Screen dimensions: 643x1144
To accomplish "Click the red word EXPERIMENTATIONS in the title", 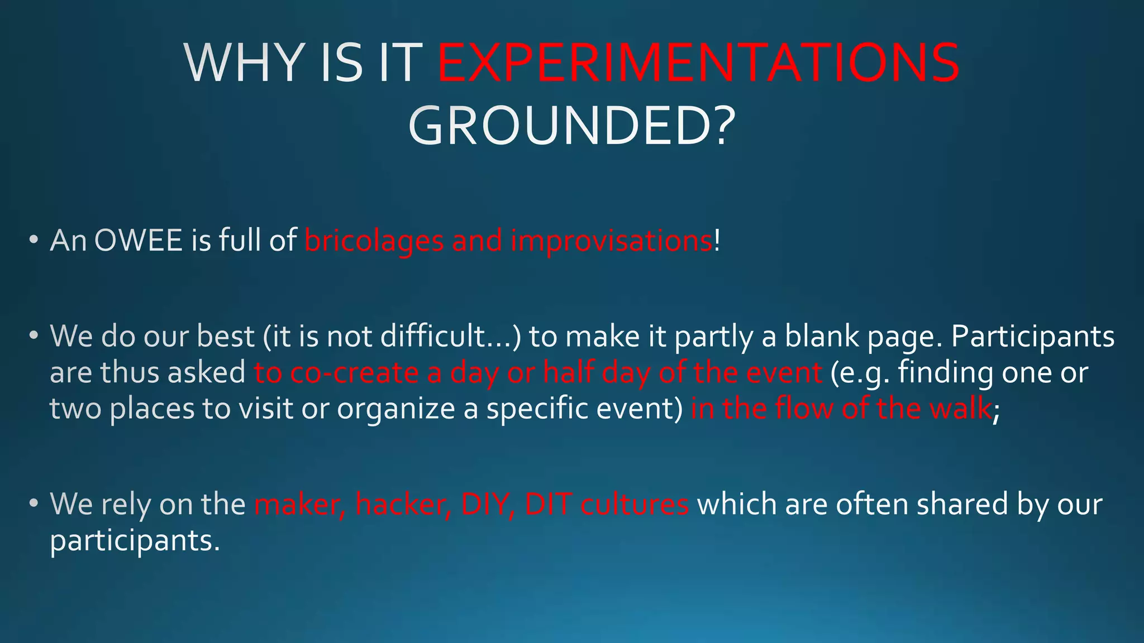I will pos(698,63).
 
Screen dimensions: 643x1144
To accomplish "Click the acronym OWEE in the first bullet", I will pos(139,241).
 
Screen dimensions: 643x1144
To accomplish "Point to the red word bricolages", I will pos(374,241).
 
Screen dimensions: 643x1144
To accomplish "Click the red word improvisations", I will pos(611,241).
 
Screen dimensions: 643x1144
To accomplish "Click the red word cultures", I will pos(634,505).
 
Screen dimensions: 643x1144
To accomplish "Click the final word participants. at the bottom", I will pos(135,541).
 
